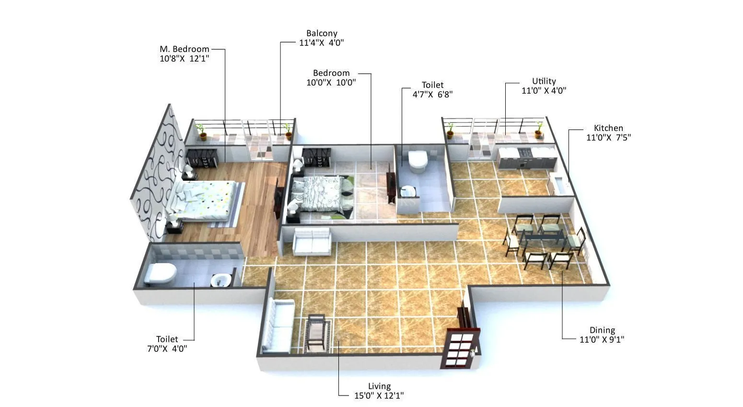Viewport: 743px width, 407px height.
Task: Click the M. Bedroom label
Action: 185,49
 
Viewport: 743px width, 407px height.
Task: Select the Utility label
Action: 544,81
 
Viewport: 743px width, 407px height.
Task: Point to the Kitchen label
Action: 608,128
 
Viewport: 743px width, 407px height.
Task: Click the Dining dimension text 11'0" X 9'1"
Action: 602,339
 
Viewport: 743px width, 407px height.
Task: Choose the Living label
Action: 379,386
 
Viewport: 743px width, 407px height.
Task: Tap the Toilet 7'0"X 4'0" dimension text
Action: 167,349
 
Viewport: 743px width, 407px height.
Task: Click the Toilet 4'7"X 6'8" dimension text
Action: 432,94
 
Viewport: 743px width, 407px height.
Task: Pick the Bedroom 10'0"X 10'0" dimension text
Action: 331,82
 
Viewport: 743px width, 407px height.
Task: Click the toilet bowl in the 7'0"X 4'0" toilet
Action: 161,273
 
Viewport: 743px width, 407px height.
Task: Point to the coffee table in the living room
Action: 317,332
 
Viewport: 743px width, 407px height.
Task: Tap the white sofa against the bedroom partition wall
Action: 312,241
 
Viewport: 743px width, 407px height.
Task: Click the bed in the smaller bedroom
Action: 322,193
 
